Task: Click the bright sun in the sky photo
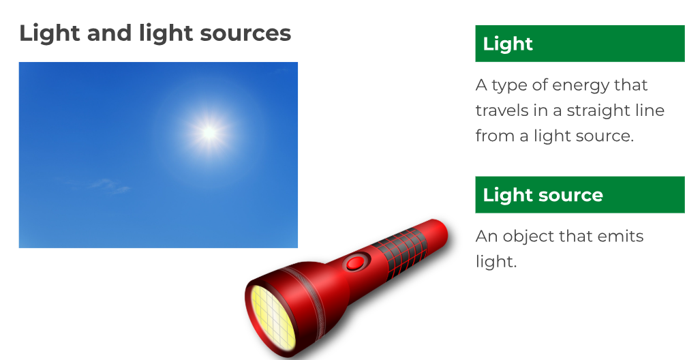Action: click(x=210, y=132)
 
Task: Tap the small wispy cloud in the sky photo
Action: click(x=109, y=185)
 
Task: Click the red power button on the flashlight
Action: click(x=356, y=262)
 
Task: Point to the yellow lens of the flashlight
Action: click(x=273, y=318)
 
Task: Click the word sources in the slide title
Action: click(x=245, y=33)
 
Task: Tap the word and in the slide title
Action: click(x=109, y=33)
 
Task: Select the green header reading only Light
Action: click(x=580, y=44)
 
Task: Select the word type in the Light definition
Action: click(x=509, y=86)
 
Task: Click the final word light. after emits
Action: click(x=496, y=262)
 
